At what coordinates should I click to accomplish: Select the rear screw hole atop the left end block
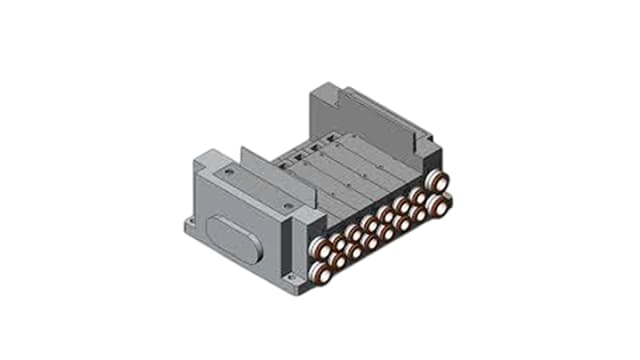click(232, 172)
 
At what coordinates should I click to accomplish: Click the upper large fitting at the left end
click(319, 249)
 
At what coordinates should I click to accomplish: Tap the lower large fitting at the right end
click(436, 203)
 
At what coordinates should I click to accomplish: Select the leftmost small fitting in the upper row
click(340, 241)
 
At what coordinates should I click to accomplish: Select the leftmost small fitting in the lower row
click(341, 260)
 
